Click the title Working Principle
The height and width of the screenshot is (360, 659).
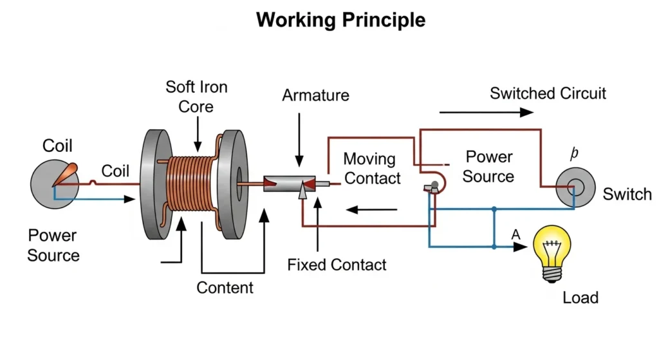(340, 20)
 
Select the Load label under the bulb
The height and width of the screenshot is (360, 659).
(580, 298)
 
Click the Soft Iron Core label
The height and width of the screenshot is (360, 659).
(196, 97)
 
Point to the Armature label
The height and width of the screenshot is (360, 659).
(315, 96)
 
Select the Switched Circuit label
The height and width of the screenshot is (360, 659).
(548, 93)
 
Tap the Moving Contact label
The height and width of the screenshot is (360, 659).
(372, 169)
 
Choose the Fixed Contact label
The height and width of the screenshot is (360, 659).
(337, 265)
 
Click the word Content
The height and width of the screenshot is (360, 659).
(225, 287)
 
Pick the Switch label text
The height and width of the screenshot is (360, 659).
(627, 194)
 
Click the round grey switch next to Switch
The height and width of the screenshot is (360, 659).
(574, 187)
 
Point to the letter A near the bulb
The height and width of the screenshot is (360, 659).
(515, 234)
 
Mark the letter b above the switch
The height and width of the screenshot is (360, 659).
(575, 154)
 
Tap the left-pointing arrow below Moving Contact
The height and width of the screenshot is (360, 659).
(372, 209)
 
